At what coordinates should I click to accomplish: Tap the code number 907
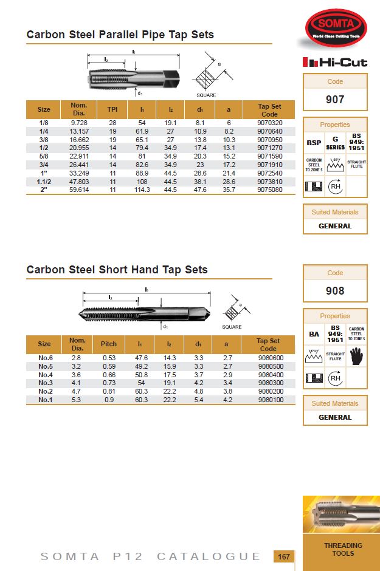(x=335, y=99)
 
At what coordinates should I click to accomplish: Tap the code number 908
(x=335, y=290)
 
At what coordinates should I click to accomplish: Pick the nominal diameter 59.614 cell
(x=79, y=190)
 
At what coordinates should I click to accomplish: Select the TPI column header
(x=112, y=109)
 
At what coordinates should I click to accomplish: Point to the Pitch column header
(x=109, y=344)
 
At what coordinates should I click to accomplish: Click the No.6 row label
(x=44, y=358)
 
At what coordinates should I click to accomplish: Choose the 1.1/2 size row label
(x=44, y=181)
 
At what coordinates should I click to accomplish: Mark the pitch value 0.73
(x=109, y=383)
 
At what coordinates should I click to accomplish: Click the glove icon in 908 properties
(x=356, y=357)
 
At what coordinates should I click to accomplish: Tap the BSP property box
(x=314, y=143)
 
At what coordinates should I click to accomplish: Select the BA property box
(x=314, y=334)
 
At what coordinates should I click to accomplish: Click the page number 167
(x=283, y=556)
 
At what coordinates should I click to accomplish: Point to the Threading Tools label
(x=343, y=549)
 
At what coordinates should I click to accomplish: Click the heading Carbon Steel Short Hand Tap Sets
(x=117, y=270)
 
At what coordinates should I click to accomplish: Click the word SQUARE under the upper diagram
(x=207, y=95)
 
